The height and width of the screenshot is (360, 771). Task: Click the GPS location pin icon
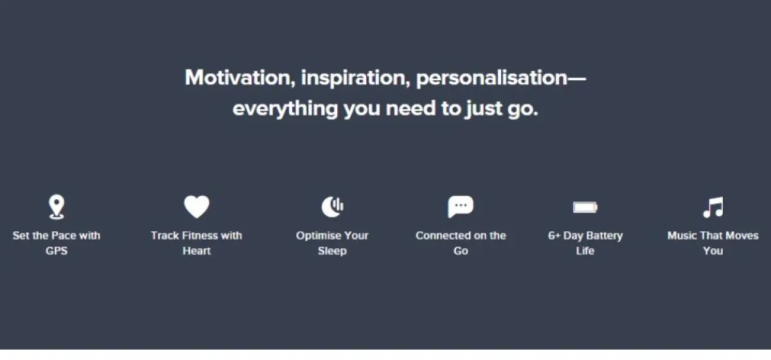(x=57, y=207)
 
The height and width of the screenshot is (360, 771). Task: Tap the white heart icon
(x=197, y=207)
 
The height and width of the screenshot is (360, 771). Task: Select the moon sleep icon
(x=332, y=207)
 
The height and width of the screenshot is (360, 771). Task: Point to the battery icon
(x=585, y=207)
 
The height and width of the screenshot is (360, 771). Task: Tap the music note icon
(x=713, y=207)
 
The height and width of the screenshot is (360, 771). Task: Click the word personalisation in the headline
(x=492, y=78)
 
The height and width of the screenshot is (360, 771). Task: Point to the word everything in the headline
(x=285, y=109)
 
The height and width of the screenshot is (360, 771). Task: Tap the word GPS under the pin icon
(x=57, y=251)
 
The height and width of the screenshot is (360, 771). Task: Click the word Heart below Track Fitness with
(x=197, y=251)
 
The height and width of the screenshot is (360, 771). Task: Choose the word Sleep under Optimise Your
(x=332, y=251)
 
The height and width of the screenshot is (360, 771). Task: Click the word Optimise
(x=317, y=236)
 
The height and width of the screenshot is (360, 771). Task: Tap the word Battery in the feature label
(x=605, y=236)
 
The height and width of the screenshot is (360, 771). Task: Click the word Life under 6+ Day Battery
(x=585, y=251)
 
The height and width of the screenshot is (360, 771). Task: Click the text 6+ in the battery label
(x=554, y=236)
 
